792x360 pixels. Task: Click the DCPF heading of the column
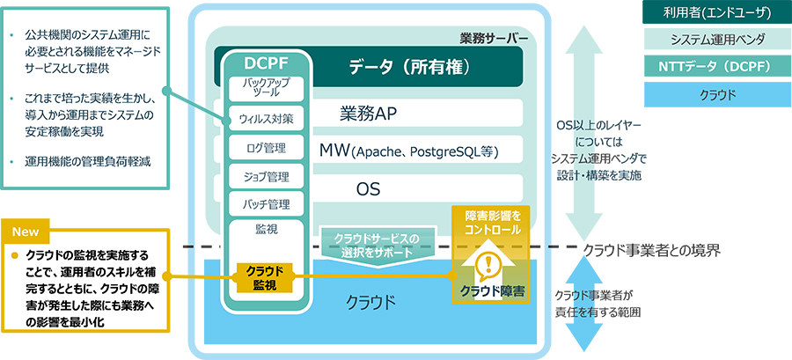(x=266, y=62)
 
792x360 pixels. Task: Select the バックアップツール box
(x=266, y=90)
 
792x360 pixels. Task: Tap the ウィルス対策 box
(x=266, y=120)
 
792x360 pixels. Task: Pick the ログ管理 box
(x=266, y=148)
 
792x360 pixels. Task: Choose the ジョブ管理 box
(x=266, y=176)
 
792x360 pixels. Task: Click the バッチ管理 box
(x=266, y=204)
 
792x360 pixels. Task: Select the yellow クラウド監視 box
(x=265, y=278)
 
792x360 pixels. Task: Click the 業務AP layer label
(x=367, y=114)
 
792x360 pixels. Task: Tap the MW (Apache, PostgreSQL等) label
(x=409, y=151)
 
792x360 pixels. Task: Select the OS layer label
(x=368, y=189)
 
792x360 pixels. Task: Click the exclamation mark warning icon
(x=488, y=264)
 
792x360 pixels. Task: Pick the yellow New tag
(x=26, y=231)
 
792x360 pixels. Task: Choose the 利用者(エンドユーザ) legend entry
(x=716, y=12)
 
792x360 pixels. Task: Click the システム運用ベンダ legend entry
(x=716, y=40)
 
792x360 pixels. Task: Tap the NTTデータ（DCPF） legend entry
(x=716, y=67)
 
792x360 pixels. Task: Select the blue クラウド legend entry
(x=716, y=94)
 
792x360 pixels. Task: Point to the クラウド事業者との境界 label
(x=652, y=249)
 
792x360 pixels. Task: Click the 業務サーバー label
(x=494, y=38)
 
